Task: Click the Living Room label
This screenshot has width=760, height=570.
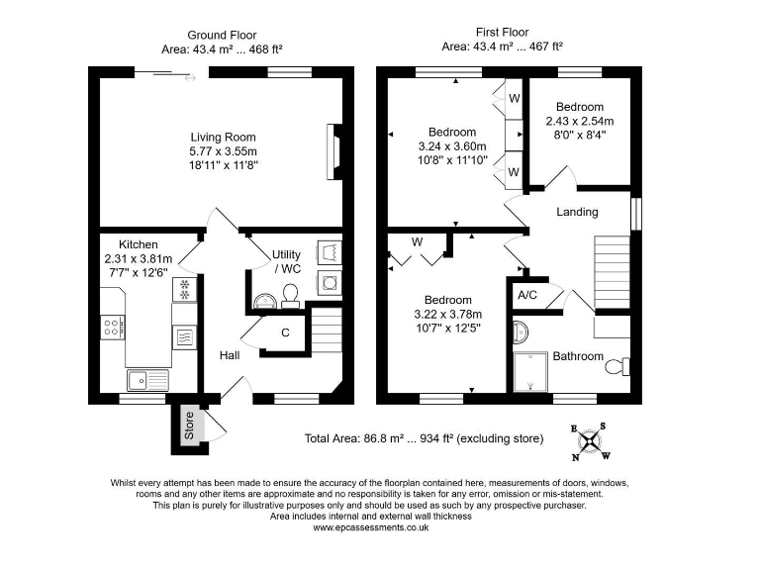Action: (x=224, y=138)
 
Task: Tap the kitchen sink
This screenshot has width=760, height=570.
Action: (x=147, y=379)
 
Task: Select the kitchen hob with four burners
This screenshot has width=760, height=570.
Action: (x=113, y=326)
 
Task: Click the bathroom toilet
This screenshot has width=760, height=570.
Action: (x=616, y=367)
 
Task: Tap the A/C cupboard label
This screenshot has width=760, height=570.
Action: (x=527, y=295)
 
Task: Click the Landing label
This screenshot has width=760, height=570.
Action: (x=577, y=212)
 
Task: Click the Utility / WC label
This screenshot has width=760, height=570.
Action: (x=286, y=261)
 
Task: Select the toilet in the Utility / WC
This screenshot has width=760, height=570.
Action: (x=291, y=295)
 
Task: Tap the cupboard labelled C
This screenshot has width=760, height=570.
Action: (x=285, y=332)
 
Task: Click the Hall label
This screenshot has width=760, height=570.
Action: (x=229, y=354)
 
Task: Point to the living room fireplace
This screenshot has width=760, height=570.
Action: (x=334, y=151)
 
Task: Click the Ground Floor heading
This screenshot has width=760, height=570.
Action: (x=223, y=35)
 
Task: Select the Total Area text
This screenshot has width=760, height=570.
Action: (x=424, y=438)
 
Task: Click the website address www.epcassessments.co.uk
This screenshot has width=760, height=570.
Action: (x=370, y=527)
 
